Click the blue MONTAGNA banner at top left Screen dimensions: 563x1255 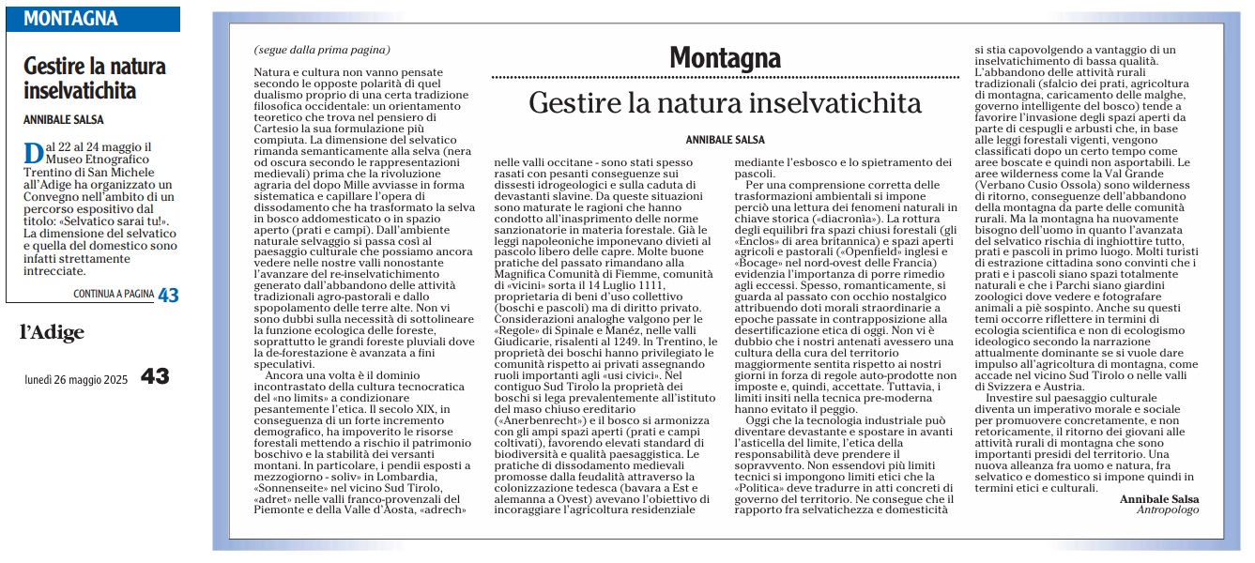93,19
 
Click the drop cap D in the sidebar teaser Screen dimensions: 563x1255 33,154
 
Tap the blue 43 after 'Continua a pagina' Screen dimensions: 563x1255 168,295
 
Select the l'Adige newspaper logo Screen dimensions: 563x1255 53,332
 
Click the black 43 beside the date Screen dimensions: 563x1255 155,376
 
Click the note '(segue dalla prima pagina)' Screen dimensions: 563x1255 321,50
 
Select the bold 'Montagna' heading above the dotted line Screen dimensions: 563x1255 725,58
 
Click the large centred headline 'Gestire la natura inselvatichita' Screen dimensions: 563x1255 725,102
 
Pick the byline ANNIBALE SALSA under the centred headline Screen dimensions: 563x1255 725,139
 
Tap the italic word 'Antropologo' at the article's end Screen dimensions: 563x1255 1168,510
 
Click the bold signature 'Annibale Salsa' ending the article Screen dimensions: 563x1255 1159,498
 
